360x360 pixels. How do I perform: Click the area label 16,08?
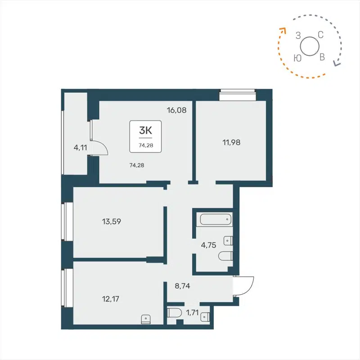177,109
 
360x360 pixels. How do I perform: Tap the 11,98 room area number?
231,142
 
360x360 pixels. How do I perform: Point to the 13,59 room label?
112,221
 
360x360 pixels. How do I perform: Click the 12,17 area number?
112,297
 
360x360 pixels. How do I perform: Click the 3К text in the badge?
145,131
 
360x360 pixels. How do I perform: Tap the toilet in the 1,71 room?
173,313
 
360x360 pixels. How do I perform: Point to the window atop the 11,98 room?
237,95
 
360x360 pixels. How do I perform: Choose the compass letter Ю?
297,58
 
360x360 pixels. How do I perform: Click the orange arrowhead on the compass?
283,30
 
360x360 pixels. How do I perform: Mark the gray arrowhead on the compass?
336,63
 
